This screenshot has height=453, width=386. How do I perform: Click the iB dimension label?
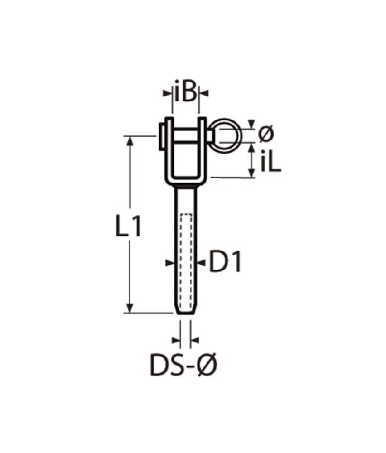pos(186,93)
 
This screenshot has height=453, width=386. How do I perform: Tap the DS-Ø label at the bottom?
pos(183,366)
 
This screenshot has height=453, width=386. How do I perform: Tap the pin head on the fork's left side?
pos(161,135)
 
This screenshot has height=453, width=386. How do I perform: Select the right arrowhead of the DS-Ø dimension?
pos(194,339)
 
